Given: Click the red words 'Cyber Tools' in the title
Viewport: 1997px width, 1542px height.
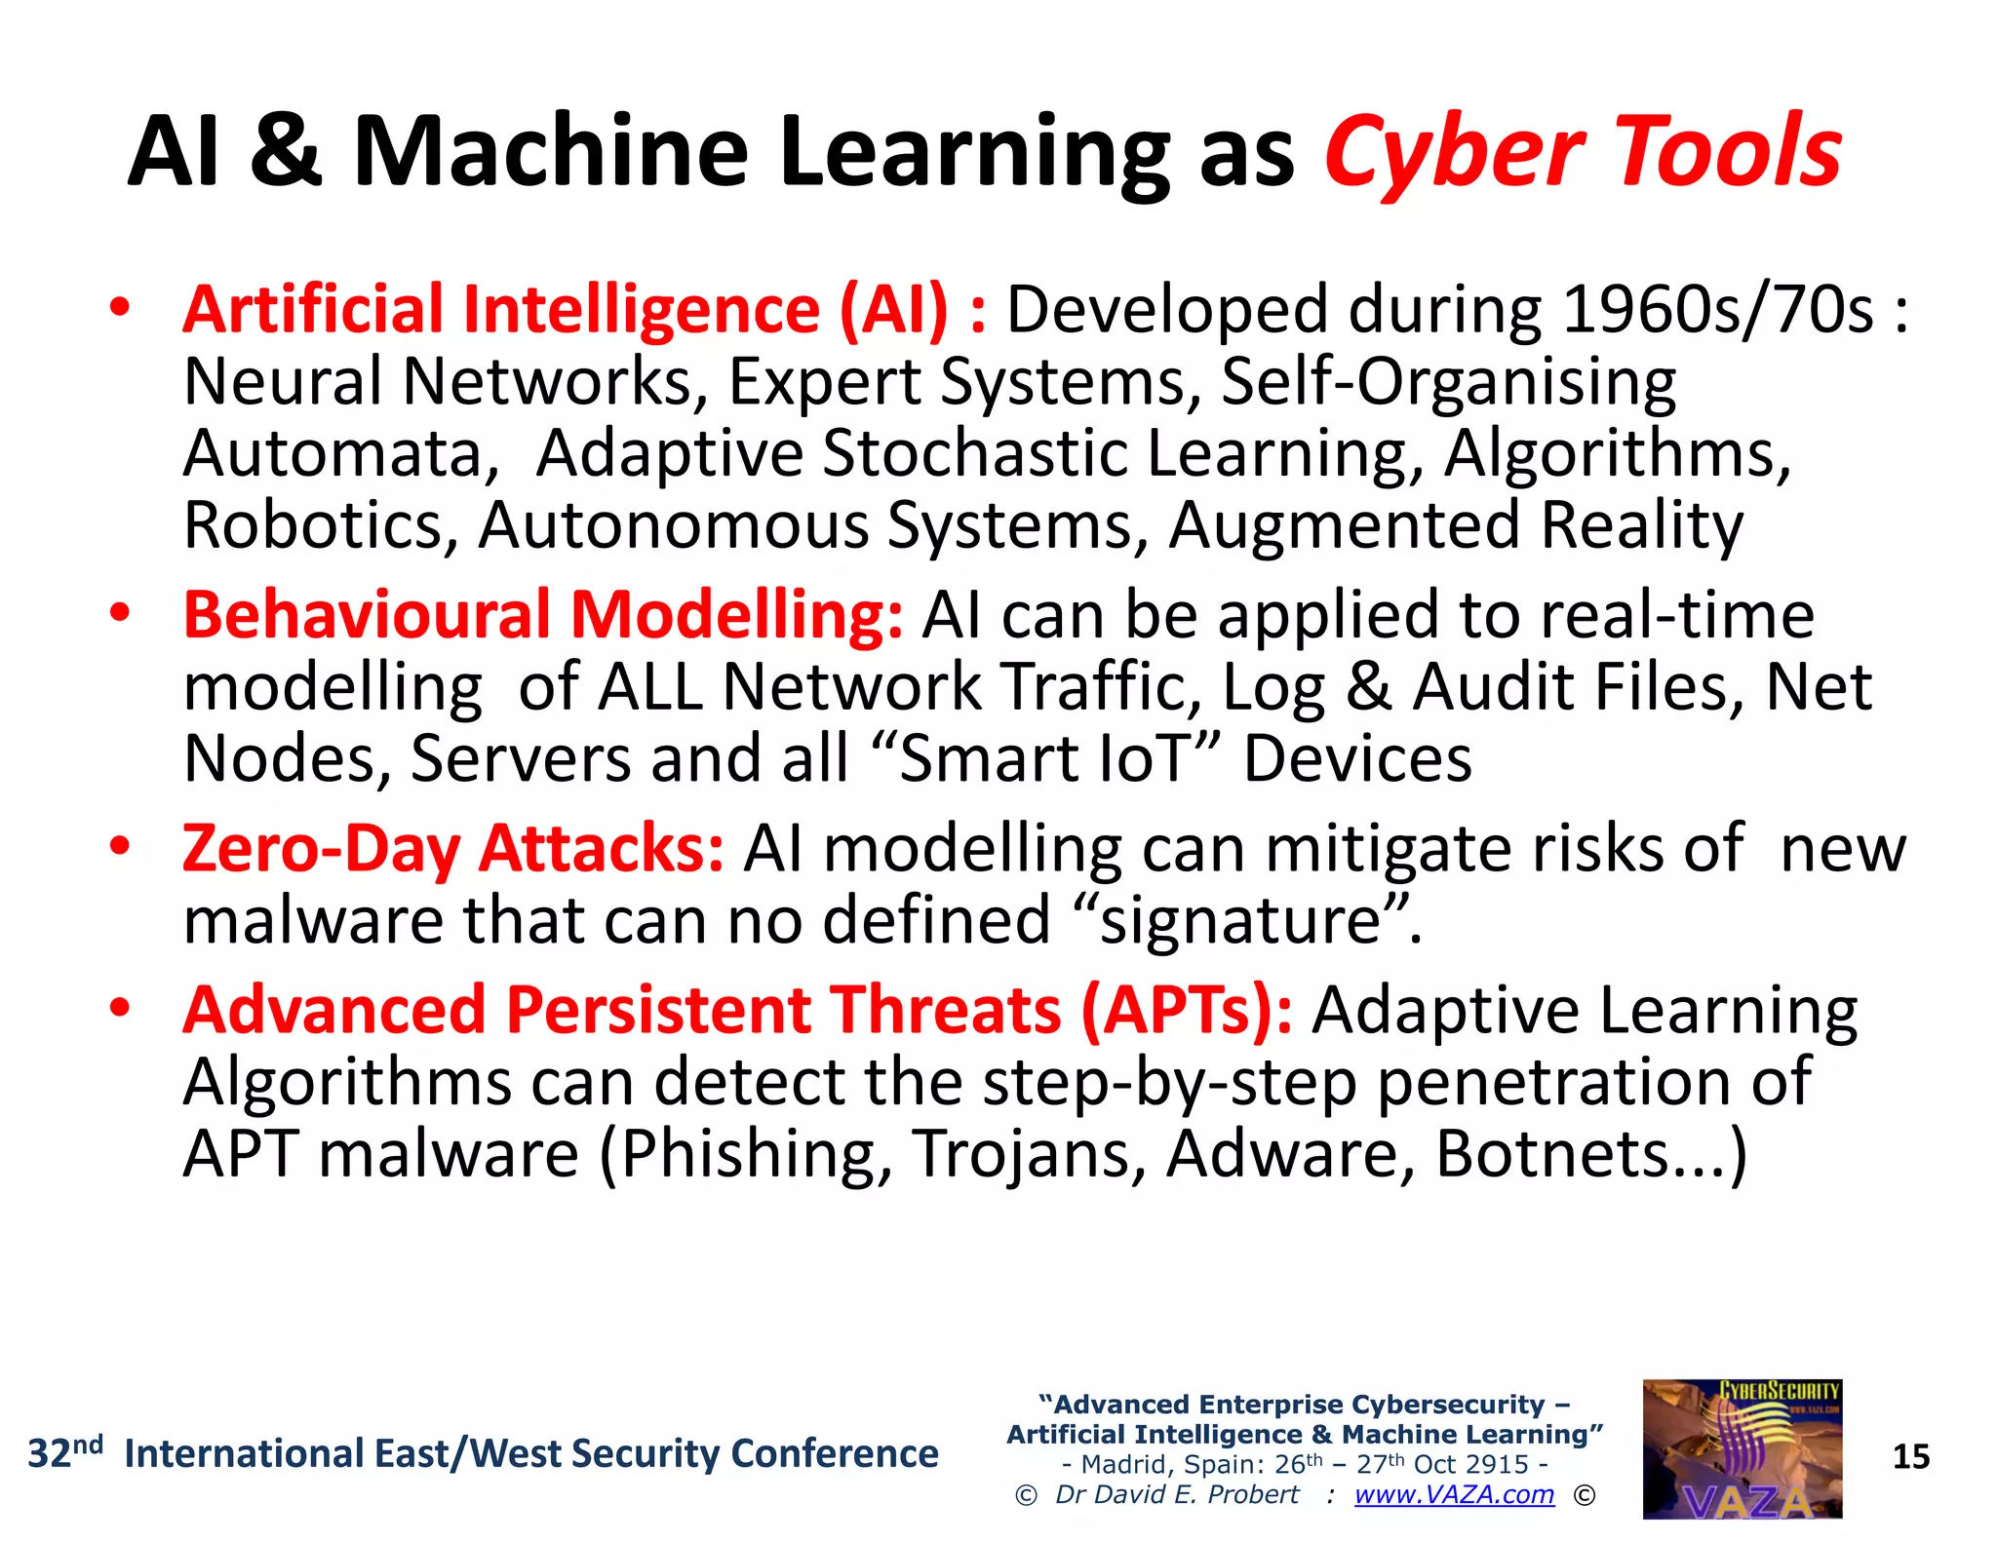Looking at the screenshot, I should coord(1582,151).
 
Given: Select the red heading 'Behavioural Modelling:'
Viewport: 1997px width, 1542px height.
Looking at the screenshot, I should coord(543,616).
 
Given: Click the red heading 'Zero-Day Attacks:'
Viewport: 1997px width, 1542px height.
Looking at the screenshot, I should coord(453,849).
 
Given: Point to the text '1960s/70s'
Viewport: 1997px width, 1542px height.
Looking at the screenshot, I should coord(1717,310).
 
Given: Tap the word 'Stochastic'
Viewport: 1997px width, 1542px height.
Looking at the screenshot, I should coord(974,453).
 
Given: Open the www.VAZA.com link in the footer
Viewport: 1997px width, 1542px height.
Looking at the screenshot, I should coord(1454,1494).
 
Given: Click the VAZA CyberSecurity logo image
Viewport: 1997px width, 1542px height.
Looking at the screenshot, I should coord(1742,1449).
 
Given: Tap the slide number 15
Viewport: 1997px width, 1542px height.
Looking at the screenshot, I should coord(1911,1457).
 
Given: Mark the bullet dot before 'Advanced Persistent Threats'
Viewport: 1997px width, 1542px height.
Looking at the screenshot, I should coord(119,1009).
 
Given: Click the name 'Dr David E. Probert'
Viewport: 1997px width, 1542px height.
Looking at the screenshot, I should coord(1177,1494).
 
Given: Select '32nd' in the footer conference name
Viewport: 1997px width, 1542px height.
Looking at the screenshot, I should coord(64,1453).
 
